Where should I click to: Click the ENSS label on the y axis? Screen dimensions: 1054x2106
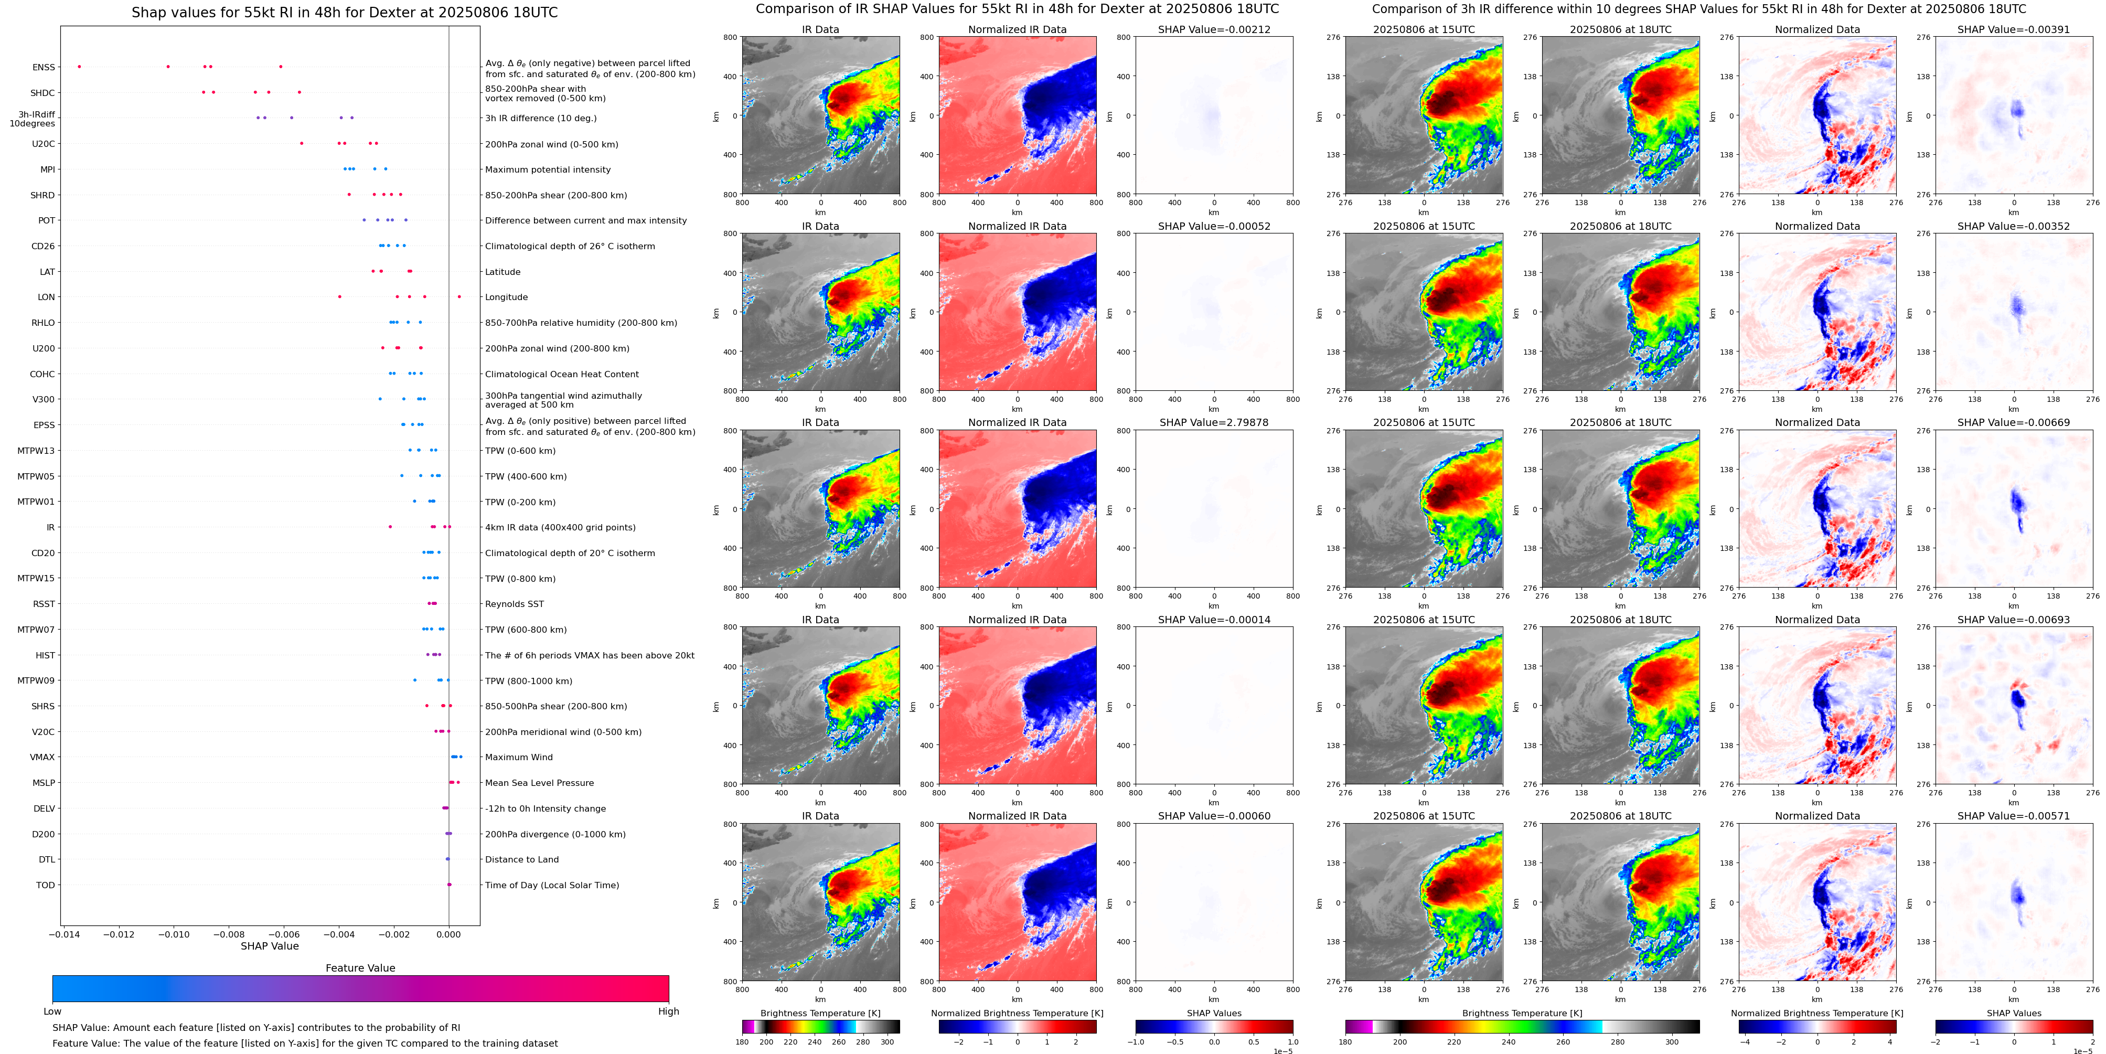pos(44,67)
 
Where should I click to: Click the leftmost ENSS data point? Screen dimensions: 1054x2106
pos(79,66)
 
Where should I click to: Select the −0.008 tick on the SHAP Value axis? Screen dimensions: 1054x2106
pos(230,934)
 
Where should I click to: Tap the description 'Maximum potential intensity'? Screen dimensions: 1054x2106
pos(548,170)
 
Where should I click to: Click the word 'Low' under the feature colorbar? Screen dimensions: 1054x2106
pos(52,1012)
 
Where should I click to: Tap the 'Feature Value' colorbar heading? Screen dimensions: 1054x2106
pos(360,968)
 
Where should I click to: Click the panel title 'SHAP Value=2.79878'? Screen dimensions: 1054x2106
pos(1214,423)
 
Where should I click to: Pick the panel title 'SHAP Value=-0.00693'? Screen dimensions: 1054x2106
pos(2014,620)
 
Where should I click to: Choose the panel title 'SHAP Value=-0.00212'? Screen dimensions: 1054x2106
pos(1214,29)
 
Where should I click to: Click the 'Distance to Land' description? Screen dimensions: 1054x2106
pos(521,859)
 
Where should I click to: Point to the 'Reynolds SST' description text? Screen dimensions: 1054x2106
pos(514,604)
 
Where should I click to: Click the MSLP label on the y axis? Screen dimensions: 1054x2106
pos(44,783)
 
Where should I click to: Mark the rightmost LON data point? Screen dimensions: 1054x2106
pos(459,297)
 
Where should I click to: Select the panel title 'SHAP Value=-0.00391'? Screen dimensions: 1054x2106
pos(2014,29)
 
